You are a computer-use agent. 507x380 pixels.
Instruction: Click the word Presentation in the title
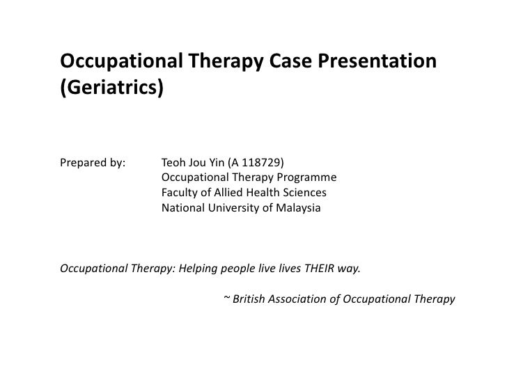(x=377, y=62)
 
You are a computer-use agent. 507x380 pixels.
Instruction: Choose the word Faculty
(x=181, y=193)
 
